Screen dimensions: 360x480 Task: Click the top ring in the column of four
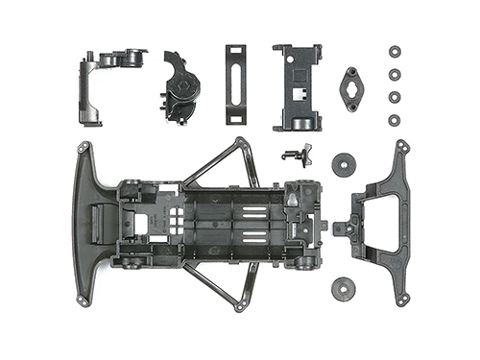click(394, 52)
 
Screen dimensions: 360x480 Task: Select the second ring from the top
click(394, 74)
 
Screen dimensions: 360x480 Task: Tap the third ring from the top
click(394, 96)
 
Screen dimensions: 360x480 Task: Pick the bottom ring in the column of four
click(394, 119)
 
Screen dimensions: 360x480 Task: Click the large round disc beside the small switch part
click(343, 164)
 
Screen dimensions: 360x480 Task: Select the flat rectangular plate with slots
click(236, 84)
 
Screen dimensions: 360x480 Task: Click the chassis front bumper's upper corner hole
click(84, 147)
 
